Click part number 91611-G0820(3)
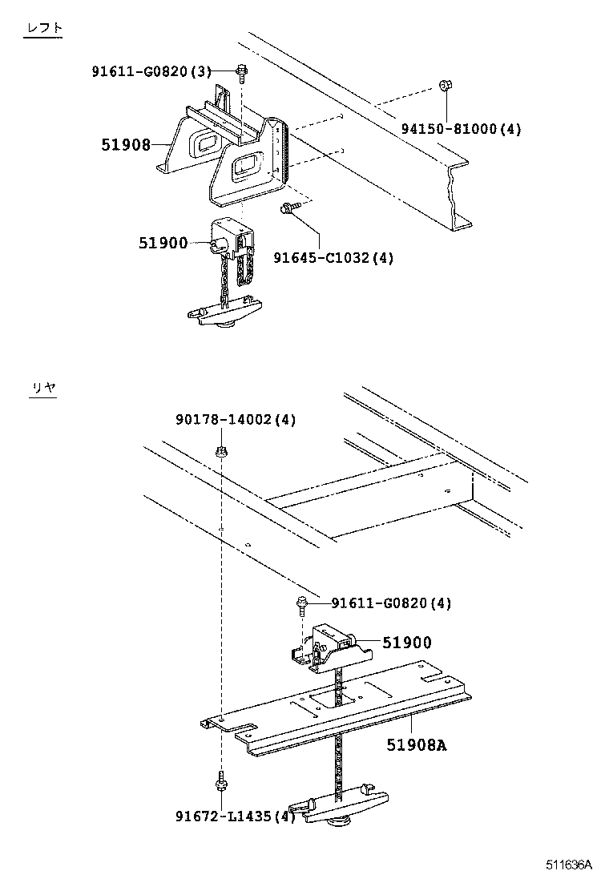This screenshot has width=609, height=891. point(151,71)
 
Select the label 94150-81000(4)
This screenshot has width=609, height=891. point(461,129)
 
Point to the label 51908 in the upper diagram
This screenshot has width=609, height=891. point(126,144)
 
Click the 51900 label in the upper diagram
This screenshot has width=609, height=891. point(163,243)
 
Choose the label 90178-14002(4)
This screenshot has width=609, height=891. point(236,420)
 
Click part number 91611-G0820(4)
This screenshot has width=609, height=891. point(390,603)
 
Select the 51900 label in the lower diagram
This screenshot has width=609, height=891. point(406,642)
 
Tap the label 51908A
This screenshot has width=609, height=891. point(416,744)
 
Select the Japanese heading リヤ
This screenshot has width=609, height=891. point(43,388)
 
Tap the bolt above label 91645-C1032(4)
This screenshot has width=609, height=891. point(288,209)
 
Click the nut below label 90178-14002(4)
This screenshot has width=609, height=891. point(220,454)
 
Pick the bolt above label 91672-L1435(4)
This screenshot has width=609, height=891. point(219,778)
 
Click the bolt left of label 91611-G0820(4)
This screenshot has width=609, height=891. point(300,604)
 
